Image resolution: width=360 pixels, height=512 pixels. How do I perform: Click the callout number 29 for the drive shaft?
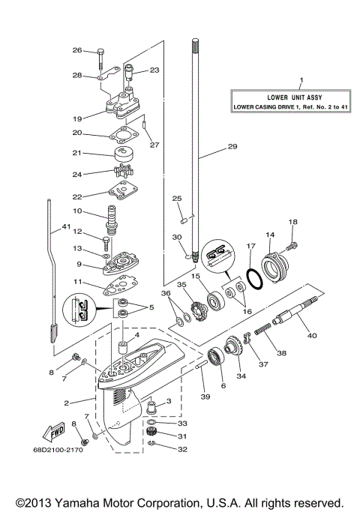point(232,148)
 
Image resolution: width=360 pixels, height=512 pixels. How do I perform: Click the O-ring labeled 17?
point(254,277)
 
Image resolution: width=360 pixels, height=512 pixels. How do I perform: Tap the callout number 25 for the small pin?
point(177,198)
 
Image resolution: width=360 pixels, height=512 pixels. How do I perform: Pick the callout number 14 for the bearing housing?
point(269,235)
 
